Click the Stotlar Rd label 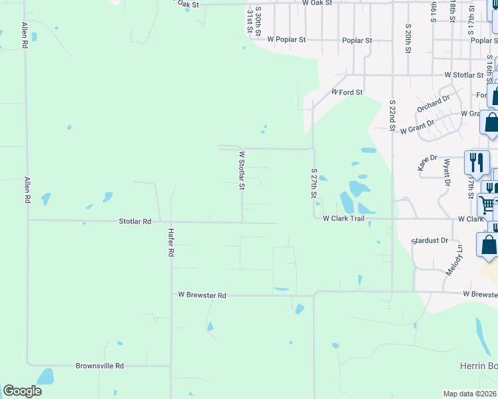(x=135, y=220)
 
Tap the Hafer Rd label (x=171, y=243)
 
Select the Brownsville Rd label (x=100, y=366)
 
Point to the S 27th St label (x=314, y=182)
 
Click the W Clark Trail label (x=344, y=218)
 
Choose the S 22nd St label (x=393, y=115)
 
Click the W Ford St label (x=347, y=92)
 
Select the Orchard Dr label (x=433, y=104)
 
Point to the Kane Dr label (x=428, y=163)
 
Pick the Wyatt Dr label (x=447, y=172)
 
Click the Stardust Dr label (x=430, y=240)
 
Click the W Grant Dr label (x=417, y=127)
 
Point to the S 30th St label (x=257, y=19)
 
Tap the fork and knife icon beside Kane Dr (x=477, y=162)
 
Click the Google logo (x=22, y=391)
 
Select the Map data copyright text (x=470, y=394)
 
